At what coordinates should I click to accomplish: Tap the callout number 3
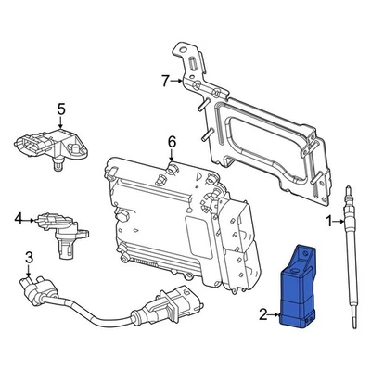pyautogui.click(x=29, y=257)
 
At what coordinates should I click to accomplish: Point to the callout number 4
pyautogui.click(x=18, y=219)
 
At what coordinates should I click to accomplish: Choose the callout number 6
pyautogui.click(x=172, y=142)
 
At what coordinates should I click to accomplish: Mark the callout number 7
pyautogui.click(x=165, y=82)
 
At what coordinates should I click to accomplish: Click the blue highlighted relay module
pyautogui.click(x=300, y=288)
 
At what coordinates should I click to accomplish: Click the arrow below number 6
pyautogui.click(x=172, y=158)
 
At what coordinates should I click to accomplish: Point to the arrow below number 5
pyautogui.click(x=61, y=128)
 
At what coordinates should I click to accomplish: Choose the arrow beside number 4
pyautogui.click(x=30, y=219)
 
